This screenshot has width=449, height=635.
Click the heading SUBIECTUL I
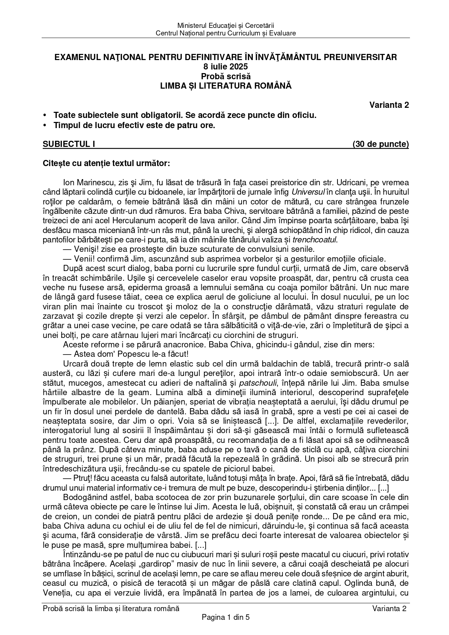tap(69, 144)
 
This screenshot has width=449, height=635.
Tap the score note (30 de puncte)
tap(381, 144)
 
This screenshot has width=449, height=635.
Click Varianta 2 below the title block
tap(389, 105)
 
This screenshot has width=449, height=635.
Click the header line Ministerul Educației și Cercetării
tap(226, 26)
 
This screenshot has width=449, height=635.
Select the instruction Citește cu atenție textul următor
tap(106, 163)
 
